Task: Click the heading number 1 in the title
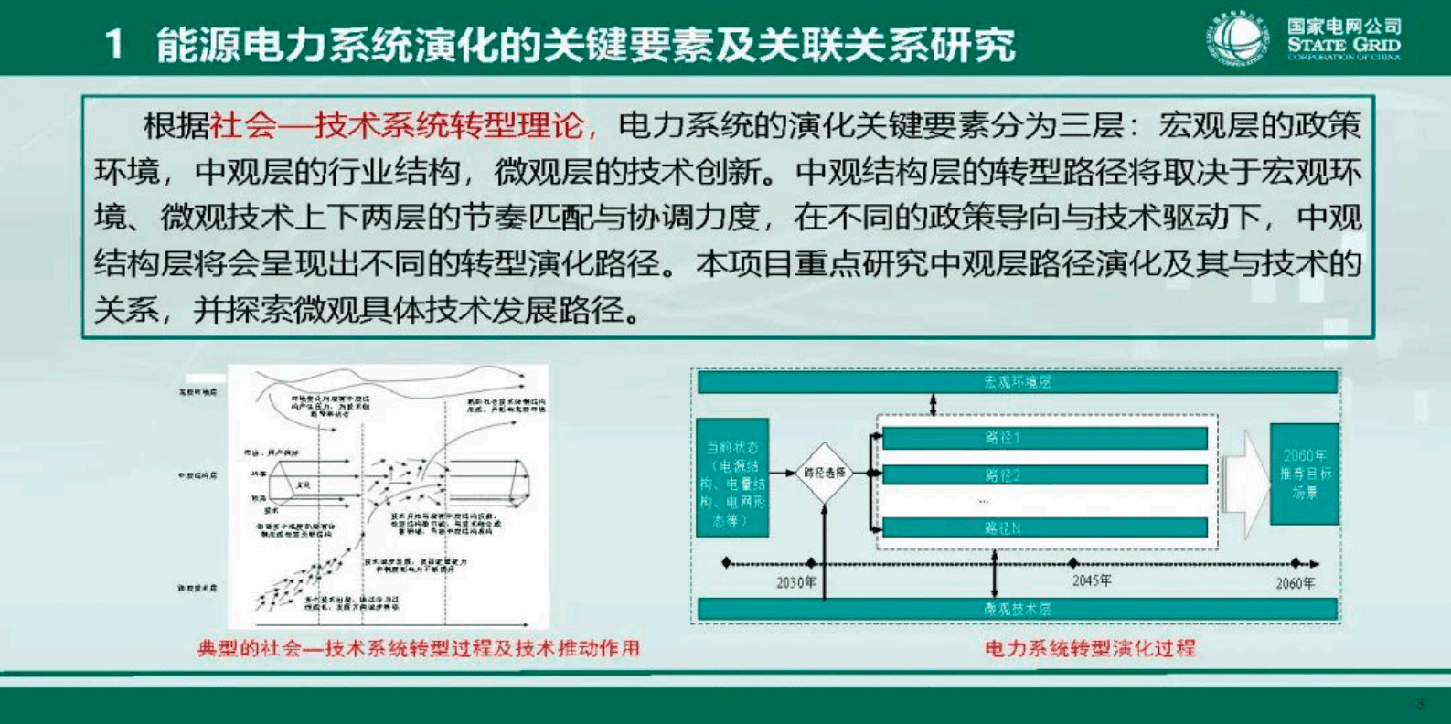point(114,44)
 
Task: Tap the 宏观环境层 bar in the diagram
point(1017,382)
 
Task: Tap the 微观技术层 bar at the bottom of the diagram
point(1017,609)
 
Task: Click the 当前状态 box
point(732,477)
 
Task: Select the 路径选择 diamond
point(825,473)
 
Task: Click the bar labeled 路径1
point(1044,438)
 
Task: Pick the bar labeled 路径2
point(1044,475)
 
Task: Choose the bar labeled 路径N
point(1044,527)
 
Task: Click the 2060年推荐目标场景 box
point(1305,474)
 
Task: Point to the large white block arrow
point(1244,480)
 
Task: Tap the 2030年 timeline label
point(796,582)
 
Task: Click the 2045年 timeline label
point(1092,580)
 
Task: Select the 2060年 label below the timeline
point(1296,583)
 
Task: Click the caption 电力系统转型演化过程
point(1090,648)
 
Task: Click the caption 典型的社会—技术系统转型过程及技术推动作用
point(419,648)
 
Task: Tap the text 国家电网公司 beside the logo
point(1344,27)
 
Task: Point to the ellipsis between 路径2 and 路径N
point(984,501)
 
